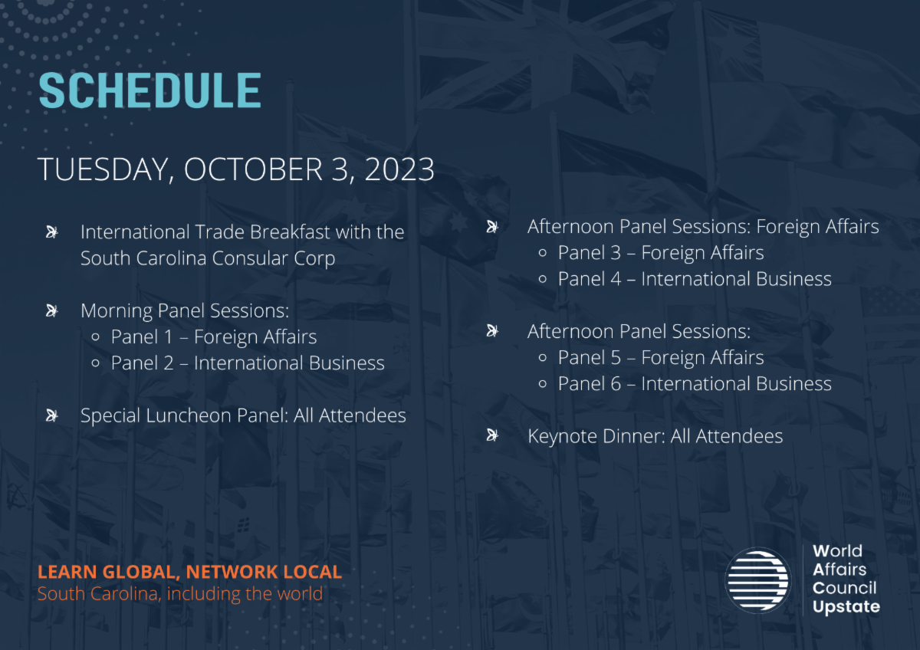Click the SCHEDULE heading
coord(150,90)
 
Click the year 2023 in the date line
coord(399,169)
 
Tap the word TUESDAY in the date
coord(103,170)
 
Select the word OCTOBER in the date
coord(253,169)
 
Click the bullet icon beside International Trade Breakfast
coord(52,232)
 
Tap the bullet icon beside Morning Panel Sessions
coord(52,311)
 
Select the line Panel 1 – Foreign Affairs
coord(214,337)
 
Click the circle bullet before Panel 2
coord(95,363)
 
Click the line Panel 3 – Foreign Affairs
coord(660,253)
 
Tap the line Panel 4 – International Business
coord(695,279)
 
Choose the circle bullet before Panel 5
coord(542,358)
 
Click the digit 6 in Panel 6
coord(616,384)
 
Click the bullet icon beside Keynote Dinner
coord(492,435)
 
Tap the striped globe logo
coord(757,580)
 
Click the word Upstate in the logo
coord(846,607)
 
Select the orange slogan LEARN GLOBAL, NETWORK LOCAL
coord(190,572)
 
